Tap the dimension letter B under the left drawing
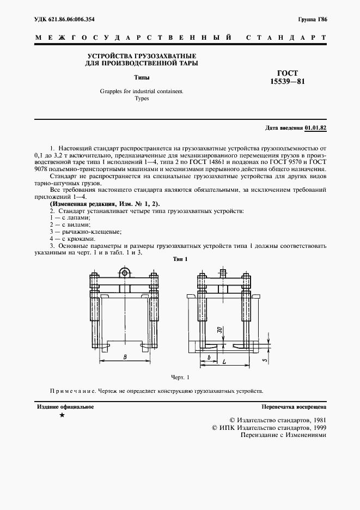pos(126,357)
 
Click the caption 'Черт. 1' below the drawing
pos(179,377)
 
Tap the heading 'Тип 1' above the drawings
pos(180,259)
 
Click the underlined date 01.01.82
pos(315,127)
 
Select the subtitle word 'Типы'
pos(142,77)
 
